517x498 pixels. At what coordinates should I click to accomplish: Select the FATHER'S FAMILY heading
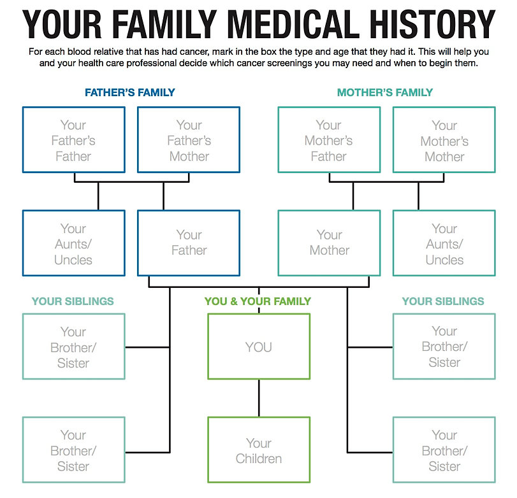click(130, 92)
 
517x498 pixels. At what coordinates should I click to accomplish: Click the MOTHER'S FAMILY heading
click(385, 92)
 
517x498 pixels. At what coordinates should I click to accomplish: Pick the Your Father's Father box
click(73, 140)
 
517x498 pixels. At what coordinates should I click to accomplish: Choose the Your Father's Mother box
click(189, 140)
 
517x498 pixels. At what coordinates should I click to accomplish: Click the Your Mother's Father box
click(329, 140)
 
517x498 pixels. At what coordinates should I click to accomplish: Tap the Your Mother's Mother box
click(444, 140)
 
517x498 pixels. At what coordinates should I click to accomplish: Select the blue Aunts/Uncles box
click(73, 244)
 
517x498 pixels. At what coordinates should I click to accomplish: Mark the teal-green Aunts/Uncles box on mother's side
click(444, 244)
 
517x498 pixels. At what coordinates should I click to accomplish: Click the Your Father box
click(189, 243)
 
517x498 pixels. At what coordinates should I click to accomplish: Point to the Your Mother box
click(329, 243)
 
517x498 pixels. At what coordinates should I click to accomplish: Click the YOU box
click(259, 347)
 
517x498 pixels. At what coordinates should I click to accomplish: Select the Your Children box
click(259, 451)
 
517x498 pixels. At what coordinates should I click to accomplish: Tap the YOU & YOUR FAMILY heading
click(258, 301)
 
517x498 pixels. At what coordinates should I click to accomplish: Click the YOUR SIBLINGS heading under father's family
click(73, 301)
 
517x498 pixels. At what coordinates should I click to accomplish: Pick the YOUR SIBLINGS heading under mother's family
click(443, 301)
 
